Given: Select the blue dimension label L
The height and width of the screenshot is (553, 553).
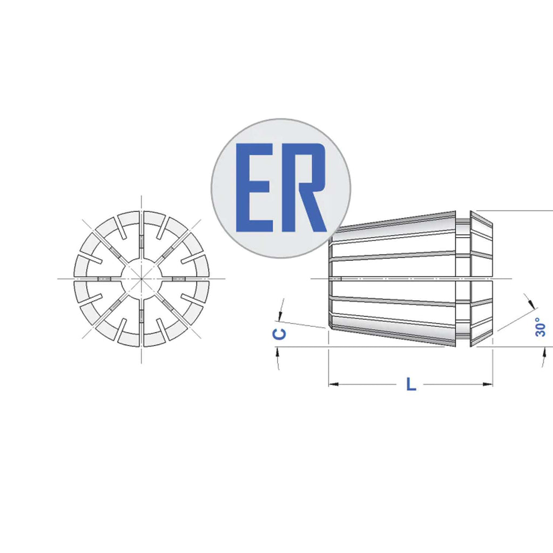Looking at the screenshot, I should [x=411, y=385].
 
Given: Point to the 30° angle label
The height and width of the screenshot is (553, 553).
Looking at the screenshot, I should [x=540, y=327].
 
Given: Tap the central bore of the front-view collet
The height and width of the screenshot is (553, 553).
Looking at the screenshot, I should [x=141, y=279].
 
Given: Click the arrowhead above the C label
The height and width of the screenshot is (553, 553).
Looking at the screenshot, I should [x=280, y=316].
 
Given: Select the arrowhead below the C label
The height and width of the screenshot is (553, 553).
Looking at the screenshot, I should [x=278, y=353].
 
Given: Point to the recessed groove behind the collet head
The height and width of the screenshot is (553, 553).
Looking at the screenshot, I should [x=463, y=278].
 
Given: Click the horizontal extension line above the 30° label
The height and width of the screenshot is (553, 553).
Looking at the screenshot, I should [x=518, y=211].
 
